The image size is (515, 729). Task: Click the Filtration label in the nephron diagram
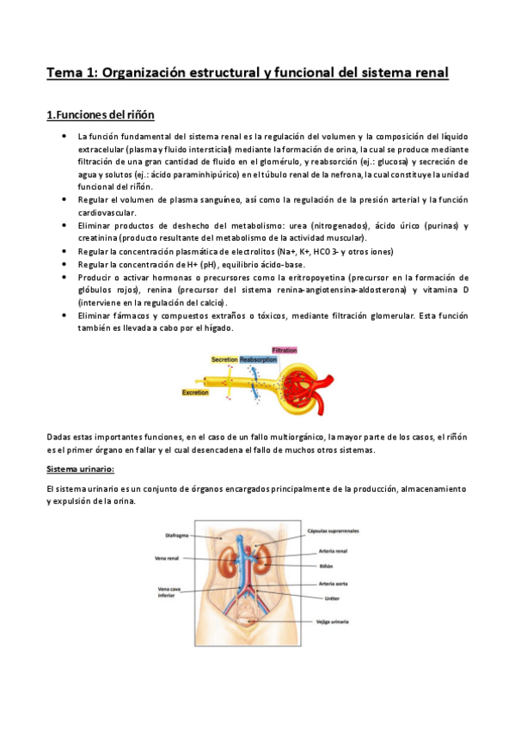click(x=284, y=351)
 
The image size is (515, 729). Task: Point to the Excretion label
click(x=195, y=392)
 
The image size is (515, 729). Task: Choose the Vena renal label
click(x=168, y=558)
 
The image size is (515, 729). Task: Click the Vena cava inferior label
click(x=168, y=594)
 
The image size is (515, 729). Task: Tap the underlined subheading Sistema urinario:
click(x=80, y=470)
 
